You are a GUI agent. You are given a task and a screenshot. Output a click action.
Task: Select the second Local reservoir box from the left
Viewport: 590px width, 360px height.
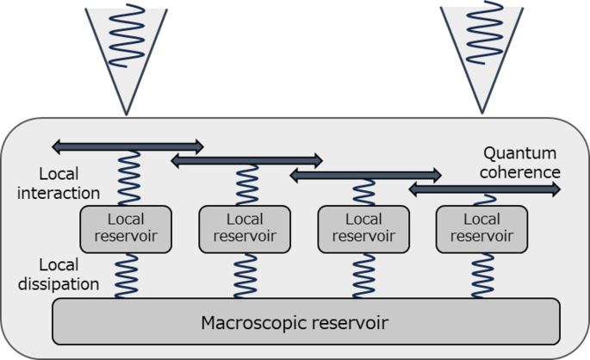pyautogui.click(x=245, y=227)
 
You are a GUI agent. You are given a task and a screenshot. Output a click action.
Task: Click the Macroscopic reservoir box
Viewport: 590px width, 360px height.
pyautogui.click(x=306, y=321)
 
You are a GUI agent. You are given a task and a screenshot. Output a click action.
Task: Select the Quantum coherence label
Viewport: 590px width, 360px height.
pyautogui.click(x=521, y=162)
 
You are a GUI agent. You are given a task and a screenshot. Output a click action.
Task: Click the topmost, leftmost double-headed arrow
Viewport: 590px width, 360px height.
pyautogui.click(x=127, y=145)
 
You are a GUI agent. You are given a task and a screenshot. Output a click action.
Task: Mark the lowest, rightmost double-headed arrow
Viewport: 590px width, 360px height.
pyautogui.click(x=483, y=189)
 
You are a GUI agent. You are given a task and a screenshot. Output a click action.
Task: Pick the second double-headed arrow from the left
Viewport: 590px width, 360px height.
pyautogui.click(x=246, y=159)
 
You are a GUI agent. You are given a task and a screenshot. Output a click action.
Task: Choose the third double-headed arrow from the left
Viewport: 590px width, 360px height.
pyautogui.click(x=365, y=175)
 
